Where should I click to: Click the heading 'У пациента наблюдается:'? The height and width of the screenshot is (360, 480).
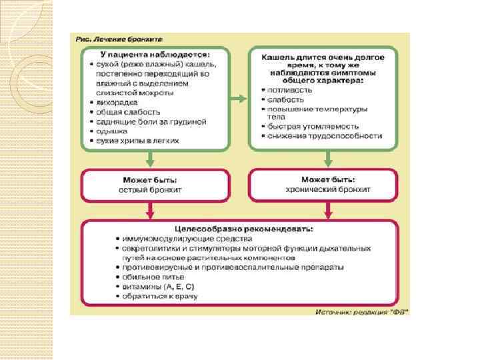pos(155,53)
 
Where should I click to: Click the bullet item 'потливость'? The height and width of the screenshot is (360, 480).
pos(290,89)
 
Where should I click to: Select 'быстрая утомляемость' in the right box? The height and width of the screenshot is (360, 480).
pos(313,126)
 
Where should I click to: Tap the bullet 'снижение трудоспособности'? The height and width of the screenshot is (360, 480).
pos(325,136)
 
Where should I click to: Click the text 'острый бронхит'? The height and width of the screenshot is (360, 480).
pos(155,190)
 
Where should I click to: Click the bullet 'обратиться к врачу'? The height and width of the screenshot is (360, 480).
pos(159,295)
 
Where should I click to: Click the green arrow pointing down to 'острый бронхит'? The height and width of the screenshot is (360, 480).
pos(151,159)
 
